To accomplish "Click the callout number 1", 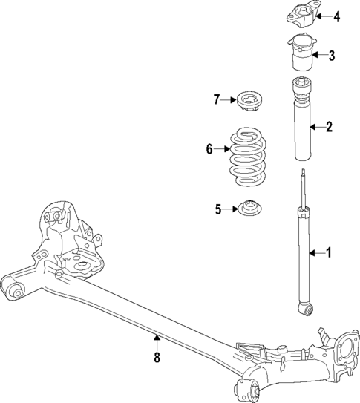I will [328, 255].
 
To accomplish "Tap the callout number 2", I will [328, 128].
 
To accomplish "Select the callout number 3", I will [332, 55].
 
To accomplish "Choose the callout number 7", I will [217, 99].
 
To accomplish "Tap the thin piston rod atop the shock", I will [304, 189].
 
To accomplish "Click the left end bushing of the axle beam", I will [13, 289].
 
